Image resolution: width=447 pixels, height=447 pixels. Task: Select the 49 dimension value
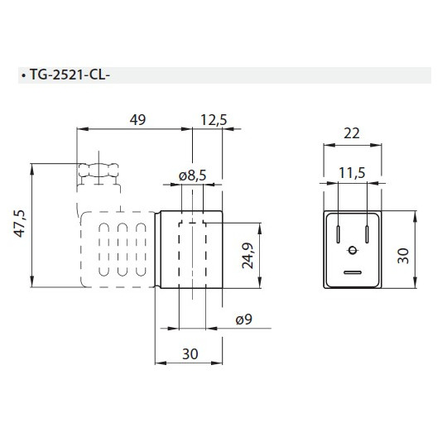[x=137, y=120]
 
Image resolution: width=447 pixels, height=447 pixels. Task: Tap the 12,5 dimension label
[x=214, y=120]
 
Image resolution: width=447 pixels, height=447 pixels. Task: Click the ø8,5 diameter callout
[x=192, y=175]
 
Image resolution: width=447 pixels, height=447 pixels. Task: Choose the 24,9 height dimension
[x=247, y=257]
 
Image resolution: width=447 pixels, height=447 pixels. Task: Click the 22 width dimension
[x=352, y=132]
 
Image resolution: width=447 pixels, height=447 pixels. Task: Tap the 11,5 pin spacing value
[x=352, y=172]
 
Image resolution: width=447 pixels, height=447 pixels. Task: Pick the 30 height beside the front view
[x=403, y=253]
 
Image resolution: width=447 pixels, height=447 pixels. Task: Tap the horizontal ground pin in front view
[x=352, y=272]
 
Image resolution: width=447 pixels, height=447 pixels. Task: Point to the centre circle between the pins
[x=352, y=251]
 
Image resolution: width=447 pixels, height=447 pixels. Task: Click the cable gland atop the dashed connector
[x=99, y=171]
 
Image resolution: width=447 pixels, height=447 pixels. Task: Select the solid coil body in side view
[x=190, y=249]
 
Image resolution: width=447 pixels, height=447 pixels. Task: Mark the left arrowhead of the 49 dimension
[x=81, y=130]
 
